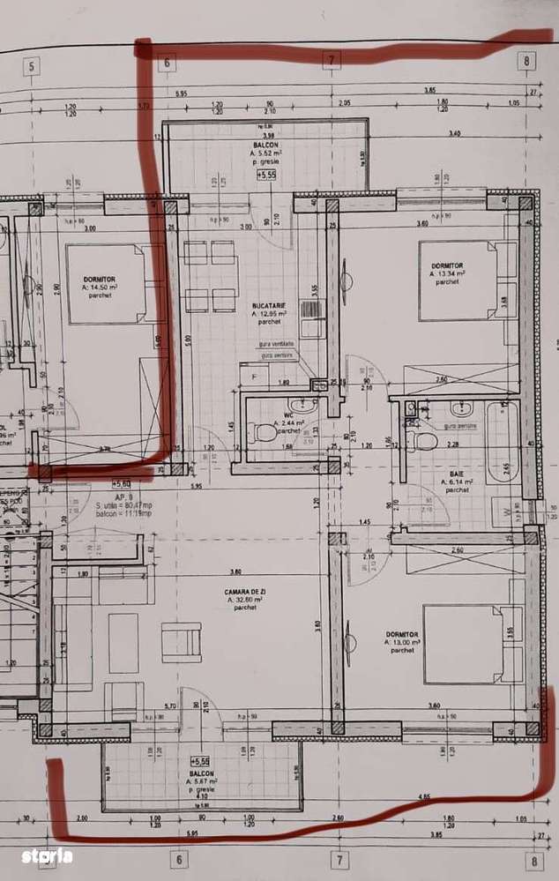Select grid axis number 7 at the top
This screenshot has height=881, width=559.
tap(332, 61)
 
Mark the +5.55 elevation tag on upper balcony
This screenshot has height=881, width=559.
tap(266, 175)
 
